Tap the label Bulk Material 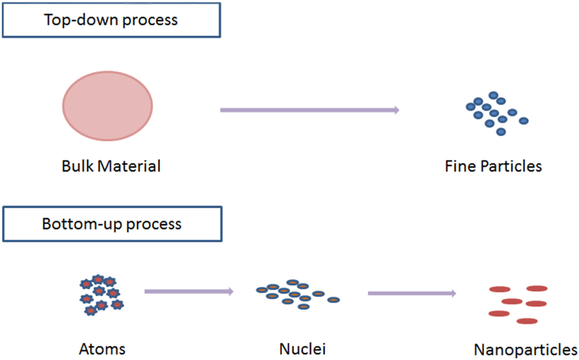point(111,167)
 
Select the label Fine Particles point(493,167)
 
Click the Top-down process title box point(111,20)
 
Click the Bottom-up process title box point(111,224)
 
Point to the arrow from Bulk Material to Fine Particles point(310,109)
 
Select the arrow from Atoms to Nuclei point(189,292)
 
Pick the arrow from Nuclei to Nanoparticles point(412,293)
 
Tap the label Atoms point(102,350)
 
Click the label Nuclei point(302,350)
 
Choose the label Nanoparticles point(526,350)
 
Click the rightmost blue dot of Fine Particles point(523,121)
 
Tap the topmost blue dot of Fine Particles point(493,95)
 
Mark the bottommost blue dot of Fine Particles point(501,132)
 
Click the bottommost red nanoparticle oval point(527,321)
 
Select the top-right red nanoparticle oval point(537,288)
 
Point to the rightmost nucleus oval point(334,300)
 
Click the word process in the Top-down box point(148,20)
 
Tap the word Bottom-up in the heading point(82,224)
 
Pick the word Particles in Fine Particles point(512,167)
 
